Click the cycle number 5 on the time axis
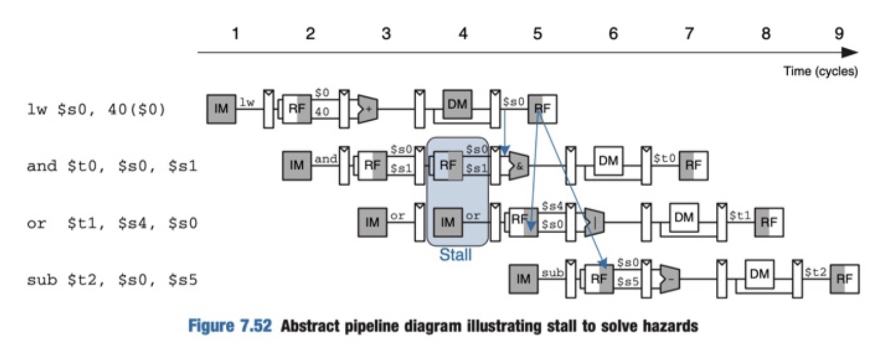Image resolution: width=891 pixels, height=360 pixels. point(537,34)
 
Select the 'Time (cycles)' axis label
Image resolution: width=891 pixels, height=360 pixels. point(820,71)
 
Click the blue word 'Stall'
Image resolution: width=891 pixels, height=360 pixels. point(455,254)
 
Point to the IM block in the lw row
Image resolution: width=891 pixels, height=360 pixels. point(221,109)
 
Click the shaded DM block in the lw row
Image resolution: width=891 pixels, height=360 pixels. point(457,104)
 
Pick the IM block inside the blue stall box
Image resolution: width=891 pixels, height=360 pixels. point(448,222)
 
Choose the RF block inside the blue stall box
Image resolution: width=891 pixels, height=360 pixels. point(448,165)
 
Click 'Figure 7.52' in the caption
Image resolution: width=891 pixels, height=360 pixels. point(229,326)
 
